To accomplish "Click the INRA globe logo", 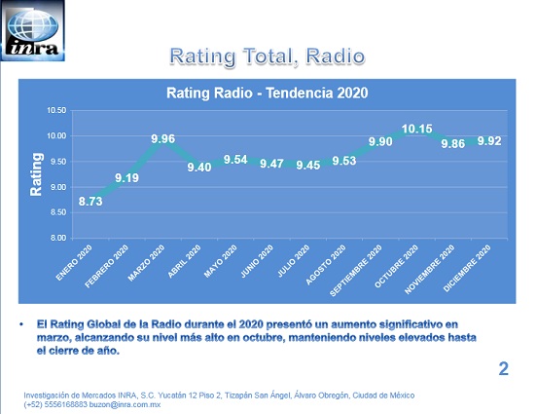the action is (33, 31).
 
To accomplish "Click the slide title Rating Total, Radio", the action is (268, 56).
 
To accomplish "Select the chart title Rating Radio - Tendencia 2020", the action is (268, 93).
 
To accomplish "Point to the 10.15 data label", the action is (416, 129).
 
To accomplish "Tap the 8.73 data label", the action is (90, 201).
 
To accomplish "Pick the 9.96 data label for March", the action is (163, 138).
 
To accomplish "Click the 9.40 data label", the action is (199, 167).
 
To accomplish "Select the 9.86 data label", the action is (453, 144).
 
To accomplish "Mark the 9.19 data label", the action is (126, 177).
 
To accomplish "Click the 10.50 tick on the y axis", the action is (56, 110).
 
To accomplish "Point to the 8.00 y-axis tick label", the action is (58, 238).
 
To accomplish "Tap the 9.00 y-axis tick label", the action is (58, 187).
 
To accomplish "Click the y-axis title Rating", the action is (36, 174).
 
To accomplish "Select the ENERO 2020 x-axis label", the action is (74, 262).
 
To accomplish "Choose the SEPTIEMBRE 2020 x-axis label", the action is (356, 270).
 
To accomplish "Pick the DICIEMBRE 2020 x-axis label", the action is (467, 268).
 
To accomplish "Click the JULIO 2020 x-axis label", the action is (294, 261).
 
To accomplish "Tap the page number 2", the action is (504, 369).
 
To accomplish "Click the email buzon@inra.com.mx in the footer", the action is (125, 404).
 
